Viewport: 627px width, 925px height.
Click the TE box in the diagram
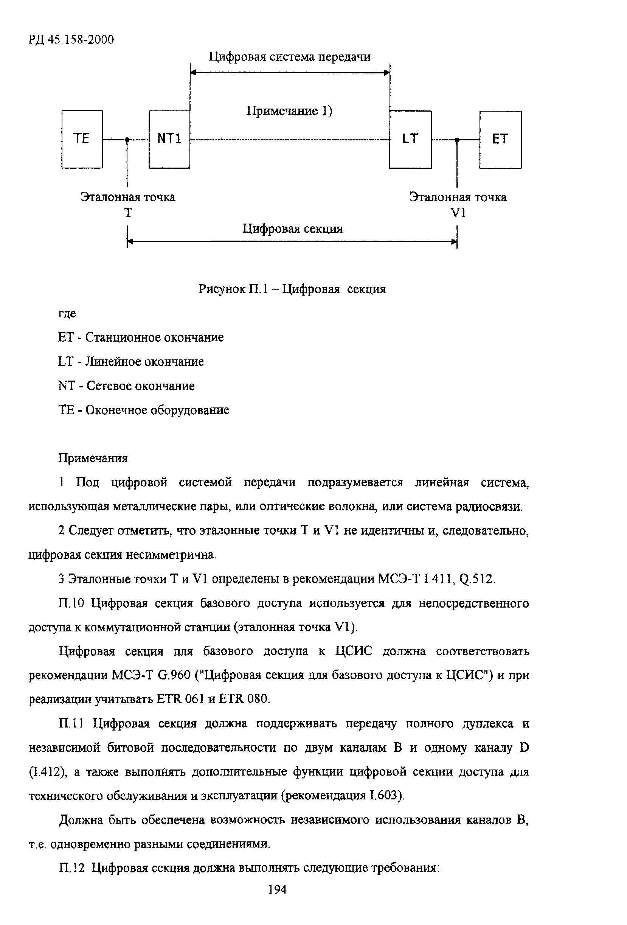82,139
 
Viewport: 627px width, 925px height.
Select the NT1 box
169,139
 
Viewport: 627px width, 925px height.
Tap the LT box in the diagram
410,139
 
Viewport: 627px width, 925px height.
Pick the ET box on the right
500,139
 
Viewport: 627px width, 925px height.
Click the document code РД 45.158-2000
71,39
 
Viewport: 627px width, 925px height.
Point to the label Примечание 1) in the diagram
289,110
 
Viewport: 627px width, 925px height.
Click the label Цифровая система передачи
290,57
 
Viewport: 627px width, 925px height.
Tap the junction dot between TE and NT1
127,140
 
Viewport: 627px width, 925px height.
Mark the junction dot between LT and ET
457,140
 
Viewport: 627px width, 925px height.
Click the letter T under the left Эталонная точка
128,213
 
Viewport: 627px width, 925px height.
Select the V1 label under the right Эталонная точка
458,213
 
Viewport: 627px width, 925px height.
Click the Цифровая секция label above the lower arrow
292,229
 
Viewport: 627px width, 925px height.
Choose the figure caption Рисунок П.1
292,289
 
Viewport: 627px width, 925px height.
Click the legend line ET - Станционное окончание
141,337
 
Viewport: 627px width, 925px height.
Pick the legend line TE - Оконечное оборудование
144,410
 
